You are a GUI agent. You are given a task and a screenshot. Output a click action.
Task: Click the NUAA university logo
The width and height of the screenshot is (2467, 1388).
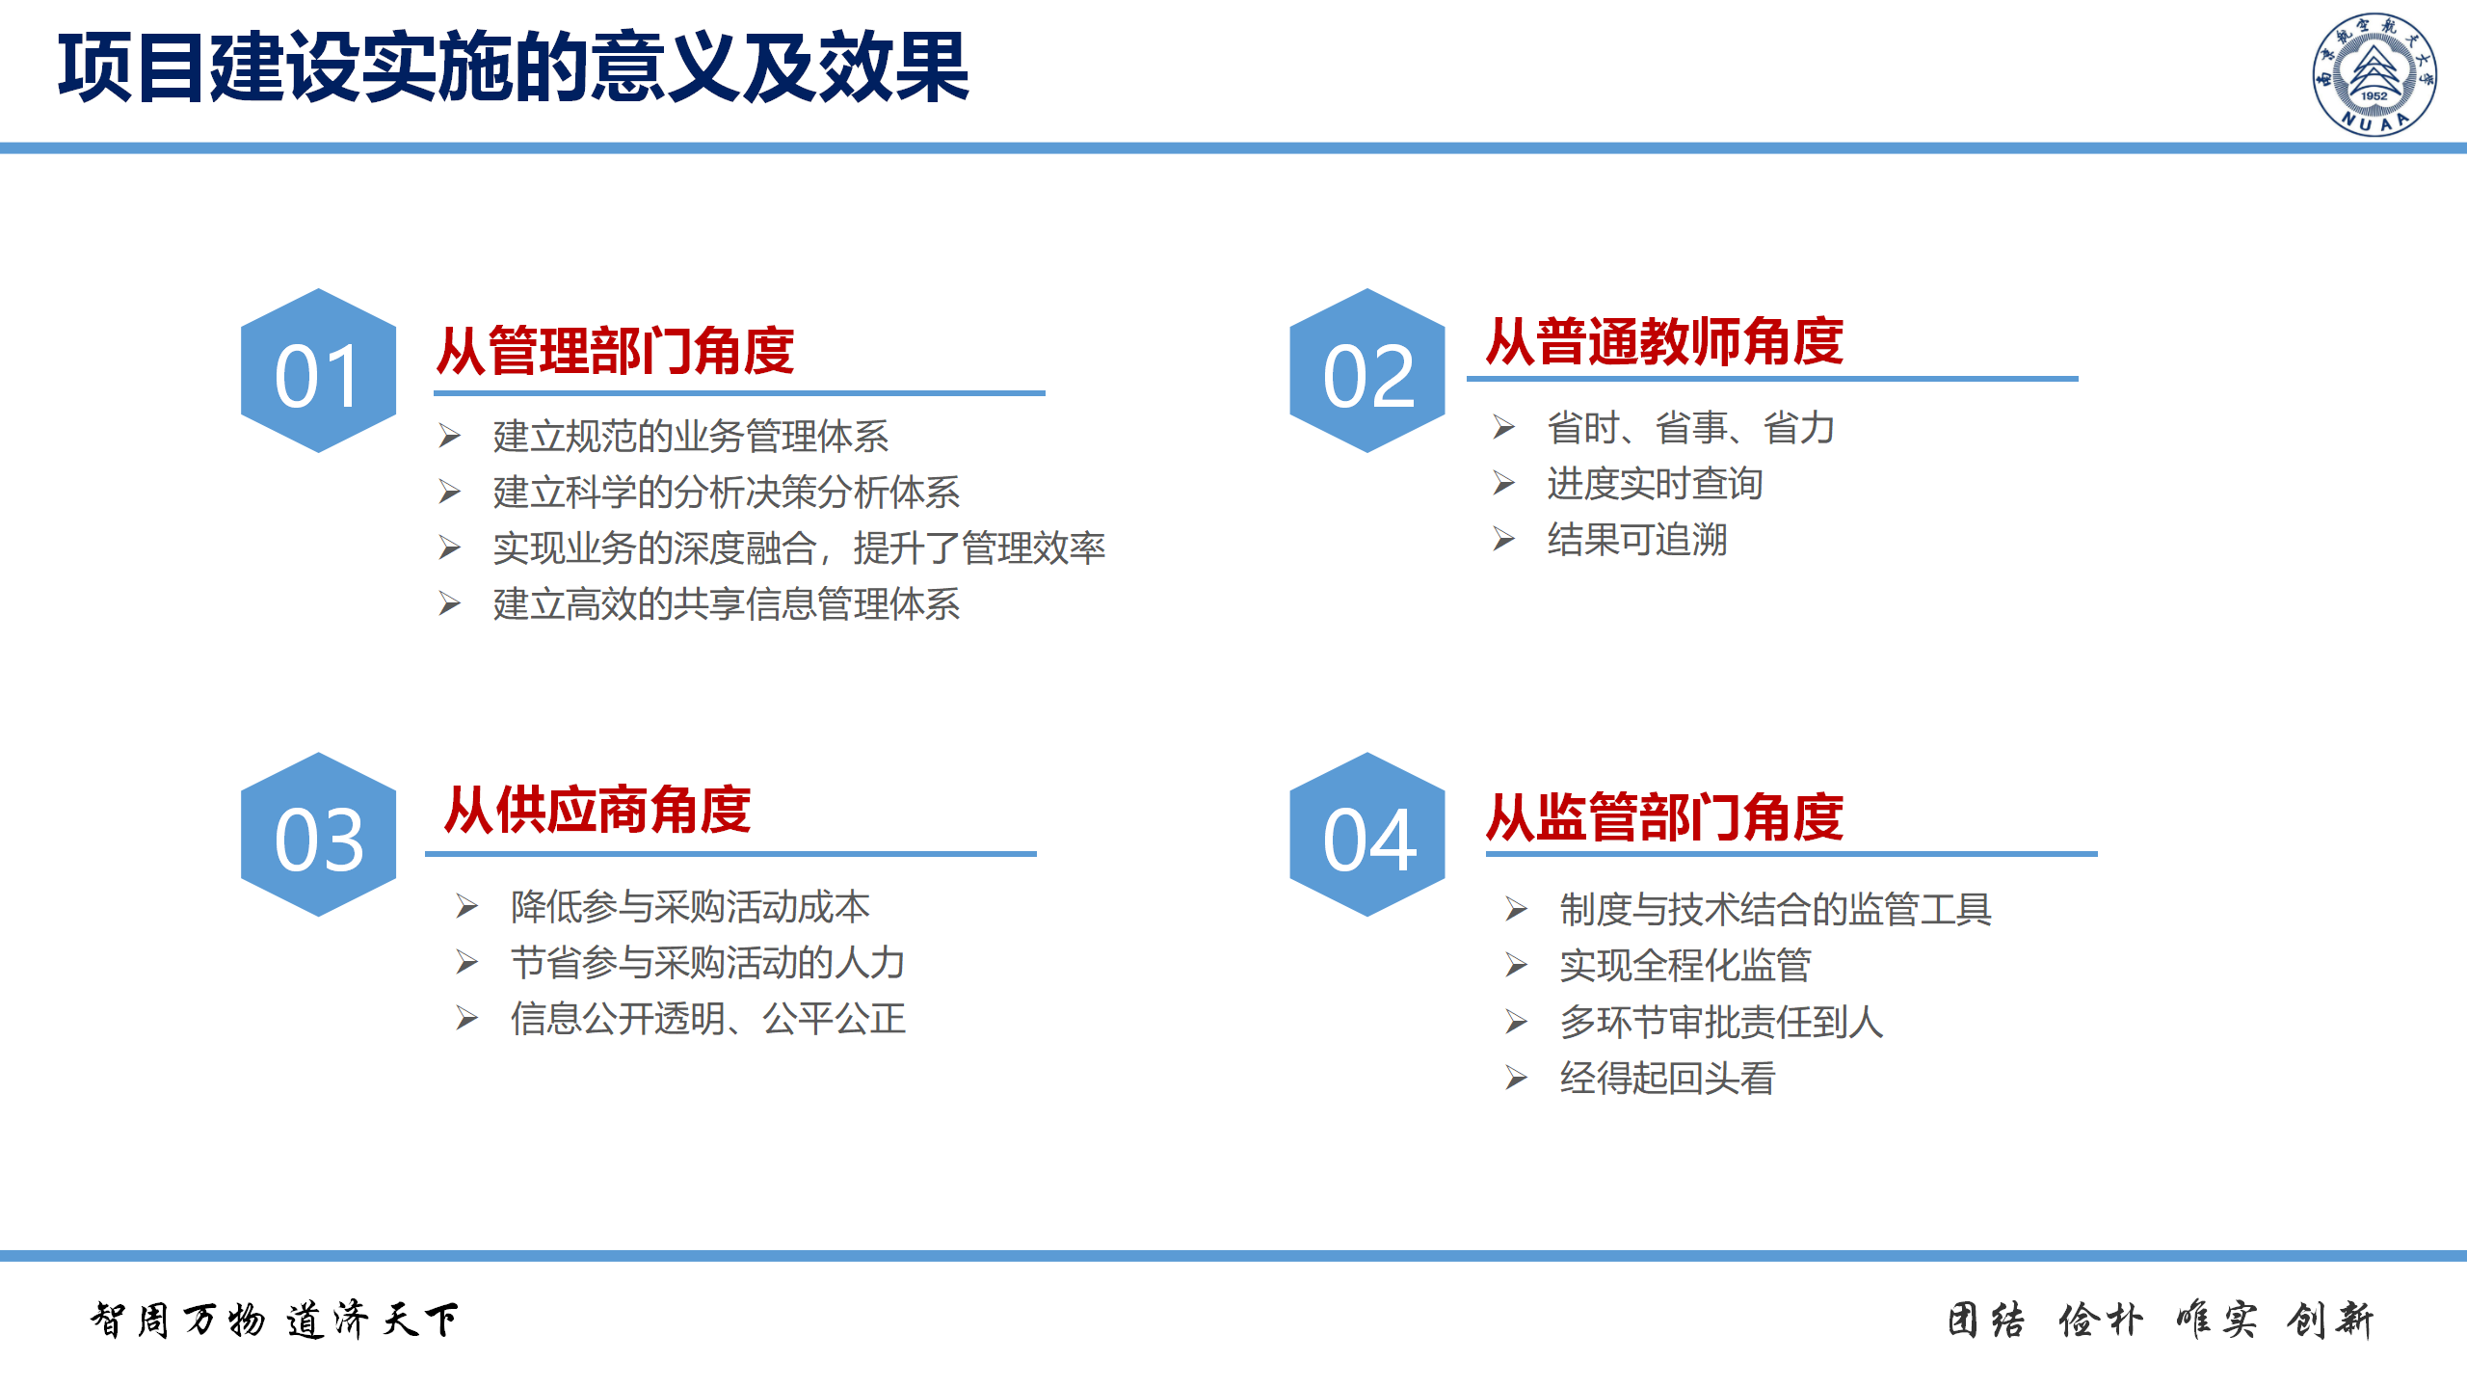tap(2374, 74)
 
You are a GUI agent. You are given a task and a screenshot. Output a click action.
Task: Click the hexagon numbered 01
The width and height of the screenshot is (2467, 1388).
tap(318, 370)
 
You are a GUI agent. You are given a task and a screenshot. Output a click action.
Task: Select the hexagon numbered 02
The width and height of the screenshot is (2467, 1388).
tap(1367, 370)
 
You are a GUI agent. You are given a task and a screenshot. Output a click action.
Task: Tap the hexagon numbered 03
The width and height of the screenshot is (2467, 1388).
tap(318, 834)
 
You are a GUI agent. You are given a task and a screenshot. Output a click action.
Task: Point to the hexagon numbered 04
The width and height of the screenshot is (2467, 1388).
tap(1367, 834)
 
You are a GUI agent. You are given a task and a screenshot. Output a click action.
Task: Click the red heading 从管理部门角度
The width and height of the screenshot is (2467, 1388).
tap(616, 350)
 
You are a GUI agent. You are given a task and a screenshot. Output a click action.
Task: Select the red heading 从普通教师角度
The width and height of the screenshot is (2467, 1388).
tap(1665, 341)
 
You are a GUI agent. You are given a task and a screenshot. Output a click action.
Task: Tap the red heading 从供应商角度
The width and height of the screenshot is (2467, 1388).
tap(597, 810)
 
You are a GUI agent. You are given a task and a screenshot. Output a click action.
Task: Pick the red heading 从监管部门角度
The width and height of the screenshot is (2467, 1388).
tap(1665, 817)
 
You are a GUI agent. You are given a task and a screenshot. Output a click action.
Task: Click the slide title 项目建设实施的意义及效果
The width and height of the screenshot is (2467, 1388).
tap(514, 67)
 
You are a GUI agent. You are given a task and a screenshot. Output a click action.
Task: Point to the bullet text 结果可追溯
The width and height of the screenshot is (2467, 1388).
tap(1637, 540)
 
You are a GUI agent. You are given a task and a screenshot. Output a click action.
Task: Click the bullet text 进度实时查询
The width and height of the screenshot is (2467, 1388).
tap(1656, 484)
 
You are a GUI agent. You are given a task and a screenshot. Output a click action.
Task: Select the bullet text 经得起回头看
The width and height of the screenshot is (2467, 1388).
tap(1668, 1078)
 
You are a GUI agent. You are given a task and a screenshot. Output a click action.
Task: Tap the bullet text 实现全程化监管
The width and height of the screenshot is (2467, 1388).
tap(1685, 965)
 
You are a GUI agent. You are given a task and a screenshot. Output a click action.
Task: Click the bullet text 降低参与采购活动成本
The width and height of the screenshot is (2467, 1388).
tap(691, 906)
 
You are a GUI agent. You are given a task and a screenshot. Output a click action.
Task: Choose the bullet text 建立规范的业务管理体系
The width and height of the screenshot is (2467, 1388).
tap(691, 436)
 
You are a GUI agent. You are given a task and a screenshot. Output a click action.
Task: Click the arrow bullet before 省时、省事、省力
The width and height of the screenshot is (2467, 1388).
tap(1504, 427)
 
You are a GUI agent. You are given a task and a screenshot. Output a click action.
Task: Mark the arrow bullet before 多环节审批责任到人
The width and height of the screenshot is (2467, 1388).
tap(1517, 1022)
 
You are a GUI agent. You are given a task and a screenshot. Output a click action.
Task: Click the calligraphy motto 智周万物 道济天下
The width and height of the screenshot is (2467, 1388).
tap(275, 1320)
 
